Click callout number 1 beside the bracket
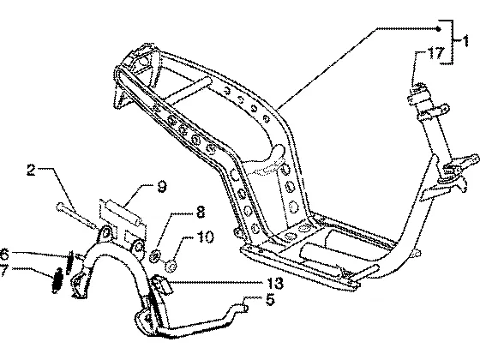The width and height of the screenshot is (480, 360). point(465,41)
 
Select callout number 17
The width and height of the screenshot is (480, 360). point(435,53)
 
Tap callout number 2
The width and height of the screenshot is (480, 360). point(31,170)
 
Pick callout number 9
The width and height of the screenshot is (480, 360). point(162,187)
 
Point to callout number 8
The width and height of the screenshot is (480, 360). point(200,212)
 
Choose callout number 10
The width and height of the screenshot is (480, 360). point(205,237)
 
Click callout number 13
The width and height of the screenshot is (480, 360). point(275,284)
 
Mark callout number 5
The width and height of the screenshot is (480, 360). point(270,300)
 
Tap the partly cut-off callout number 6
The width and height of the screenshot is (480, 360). point(3,254)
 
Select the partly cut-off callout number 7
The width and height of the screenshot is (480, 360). point(3,270)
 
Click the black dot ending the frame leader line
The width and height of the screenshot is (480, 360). point(438,29)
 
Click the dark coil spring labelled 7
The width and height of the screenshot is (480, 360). point(57,280)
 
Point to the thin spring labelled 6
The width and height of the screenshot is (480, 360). point(70,262)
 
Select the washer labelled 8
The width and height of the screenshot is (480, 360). point(156,256)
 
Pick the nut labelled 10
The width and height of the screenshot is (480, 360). point(171,266)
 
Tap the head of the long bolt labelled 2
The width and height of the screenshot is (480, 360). point(59,207)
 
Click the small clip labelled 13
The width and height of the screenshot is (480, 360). point(161,284)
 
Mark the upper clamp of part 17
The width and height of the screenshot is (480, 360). point(417,93)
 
